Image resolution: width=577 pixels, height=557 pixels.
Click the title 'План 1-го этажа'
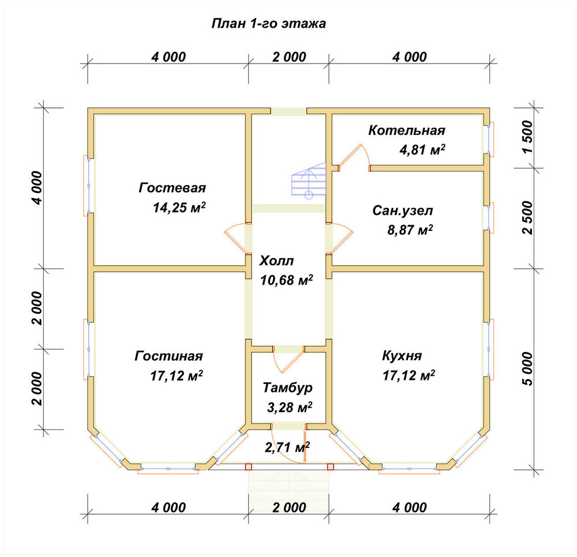[269, 24]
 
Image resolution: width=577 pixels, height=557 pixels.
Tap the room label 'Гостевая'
[172, 188]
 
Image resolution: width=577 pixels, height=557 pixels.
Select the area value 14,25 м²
[179, 207]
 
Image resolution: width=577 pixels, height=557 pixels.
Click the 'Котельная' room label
[407, 130]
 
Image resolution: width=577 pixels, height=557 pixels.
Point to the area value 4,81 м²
[422, 149]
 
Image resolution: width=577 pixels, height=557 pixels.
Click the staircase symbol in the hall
[309, 180]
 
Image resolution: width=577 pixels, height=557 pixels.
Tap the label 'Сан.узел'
[403, 211]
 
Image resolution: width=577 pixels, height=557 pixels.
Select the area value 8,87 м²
[410, 230]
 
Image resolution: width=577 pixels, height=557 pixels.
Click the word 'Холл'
[276, 261]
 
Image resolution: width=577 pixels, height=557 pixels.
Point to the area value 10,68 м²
[287, 280]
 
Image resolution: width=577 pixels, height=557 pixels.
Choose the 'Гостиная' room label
[168, 356]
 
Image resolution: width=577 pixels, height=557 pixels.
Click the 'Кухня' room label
[402, 356]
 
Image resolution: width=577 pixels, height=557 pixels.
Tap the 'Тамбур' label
[288, 388]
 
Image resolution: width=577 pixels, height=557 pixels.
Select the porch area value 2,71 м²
[287, 447]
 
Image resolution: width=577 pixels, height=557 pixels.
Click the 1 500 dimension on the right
[527, 137]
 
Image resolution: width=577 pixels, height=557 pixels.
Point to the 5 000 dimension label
[527, 369]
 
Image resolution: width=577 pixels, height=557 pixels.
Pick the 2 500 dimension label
[527, 218]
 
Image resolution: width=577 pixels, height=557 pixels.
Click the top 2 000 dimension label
[289, 57]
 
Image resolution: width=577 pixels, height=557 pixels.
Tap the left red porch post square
[249, 467]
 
